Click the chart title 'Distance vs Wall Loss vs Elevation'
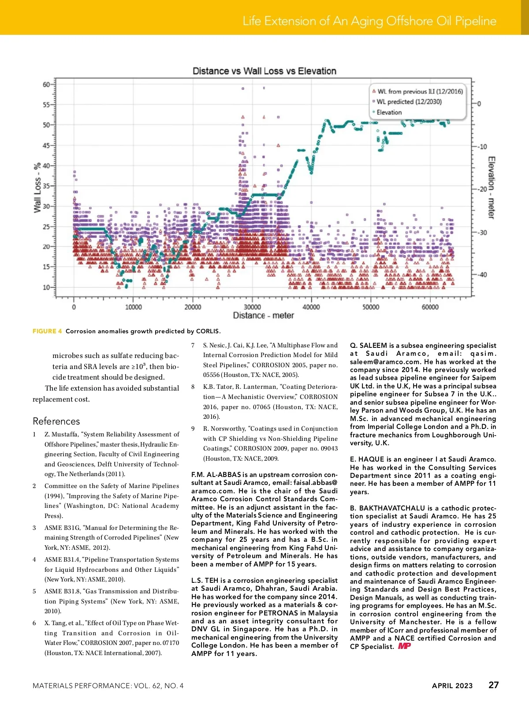(264, 71)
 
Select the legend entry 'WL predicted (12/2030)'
(409, 102)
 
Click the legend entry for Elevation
(389, 112)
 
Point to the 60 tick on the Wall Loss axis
(46, 84)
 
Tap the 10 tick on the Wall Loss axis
(46, 287)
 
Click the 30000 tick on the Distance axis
(252, 307)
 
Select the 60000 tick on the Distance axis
(430, 307)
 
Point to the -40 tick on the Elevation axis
(481, 275)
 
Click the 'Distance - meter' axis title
(263, 316)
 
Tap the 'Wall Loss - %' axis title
(37, 187)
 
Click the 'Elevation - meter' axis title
(491, 187)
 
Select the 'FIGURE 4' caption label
(47, 331)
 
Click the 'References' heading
(56, 421)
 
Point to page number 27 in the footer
(493, 685)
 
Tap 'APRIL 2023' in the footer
(452, 686)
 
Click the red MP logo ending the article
(404, 646)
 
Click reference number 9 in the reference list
(193, 429)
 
